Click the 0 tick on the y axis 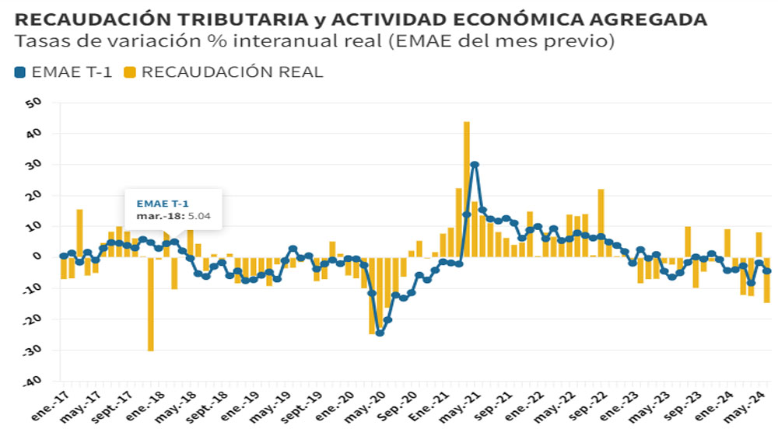tap(35, 257)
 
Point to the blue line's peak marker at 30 tap(475, 165)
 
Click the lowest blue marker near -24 tap(380, 333)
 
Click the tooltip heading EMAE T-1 tap(158, 204)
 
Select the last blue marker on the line tap(767, 271)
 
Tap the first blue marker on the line tap(64, 256)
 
